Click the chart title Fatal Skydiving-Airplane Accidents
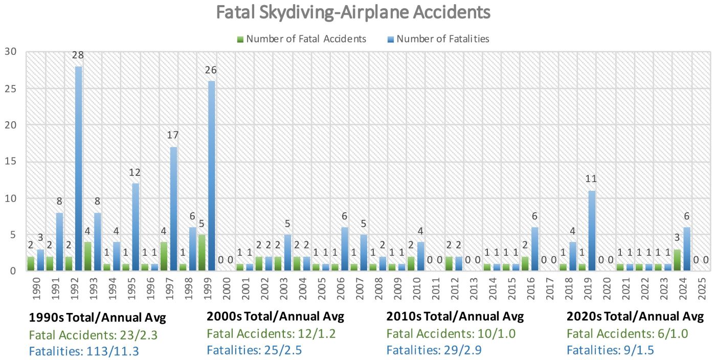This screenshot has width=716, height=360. click(x=353, y=12)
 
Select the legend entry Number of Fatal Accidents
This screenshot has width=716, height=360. click(x=306, y=39)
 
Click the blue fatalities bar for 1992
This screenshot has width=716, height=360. click(x=79, y=169)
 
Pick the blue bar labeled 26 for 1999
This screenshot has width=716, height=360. click(x=211, y=176)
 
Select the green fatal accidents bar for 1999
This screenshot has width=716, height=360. click(x=202, y=253)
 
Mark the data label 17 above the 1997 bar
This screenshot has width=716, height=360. click(x=173, y=136)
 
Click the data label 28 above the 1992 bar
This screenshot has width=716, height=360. click(x=79, y=55)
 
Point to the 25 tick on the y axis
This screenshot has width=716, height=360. click(x=11, y=88)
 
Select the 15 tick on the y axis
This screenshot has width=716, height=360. click(x=11, y=162)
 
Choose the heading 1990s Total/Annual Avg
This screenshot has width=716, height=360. click(x=98, y=317)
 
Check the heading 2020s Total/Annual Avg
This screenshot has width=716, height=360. click(x=635, y=317)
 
